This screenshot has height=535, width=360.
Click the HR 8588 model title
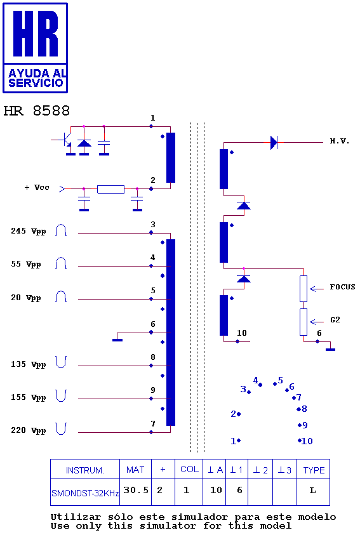tap(37, 111)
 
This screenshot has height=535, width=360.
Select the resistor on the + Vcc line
tap(110, 189)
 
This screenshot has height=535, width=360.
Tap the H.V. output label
tap(340, 141)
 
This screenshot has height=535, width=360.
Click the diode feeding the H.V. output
tap(274, 142)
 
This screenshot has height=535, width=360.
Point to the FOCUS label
tap(342, 287)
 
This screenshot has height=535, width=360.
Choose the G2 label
tap(335, 320)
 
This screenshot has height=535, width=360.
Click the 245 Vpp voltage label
tap(29, 232)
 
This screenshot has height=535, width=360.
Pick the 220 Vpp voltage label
tap(29, 430)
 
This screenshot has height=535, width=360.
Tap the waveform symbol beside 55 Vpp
tap(61, 263)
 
